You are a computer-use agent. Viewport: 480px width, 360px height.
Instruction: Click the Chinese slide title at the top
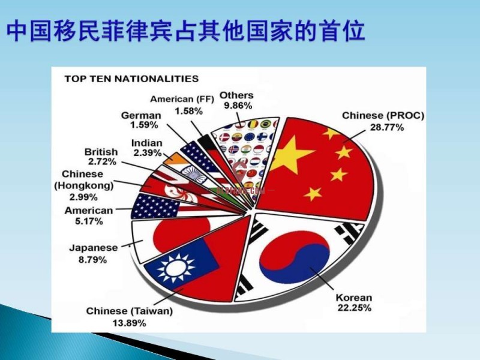(186, 31)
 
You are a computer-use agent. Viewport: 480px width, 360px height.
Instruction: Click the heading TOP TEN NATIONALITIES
(131, 79)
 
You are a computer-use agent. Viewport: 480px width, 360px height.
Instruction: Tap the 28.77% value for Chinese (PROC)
(387, 127)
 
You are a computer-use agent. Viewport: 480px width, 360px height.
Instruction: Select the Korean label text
(354, 297)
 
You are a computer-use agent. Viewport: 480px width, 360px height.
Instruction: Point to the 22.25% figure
(355, 307)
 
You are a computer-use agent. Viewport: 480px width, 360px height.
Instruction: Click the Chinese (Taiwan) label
(130, 311)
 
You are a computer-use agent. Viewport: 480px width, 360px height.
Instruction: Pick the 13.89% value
(129, 323)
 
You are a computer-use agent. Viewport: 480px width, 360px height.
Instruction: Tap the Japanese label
(94, 248)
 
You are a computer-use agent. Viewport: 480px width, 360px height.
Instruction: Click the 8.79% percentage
(93, 260)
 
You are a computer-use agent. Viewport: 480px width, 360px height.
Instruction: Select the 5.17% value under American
(89, 221)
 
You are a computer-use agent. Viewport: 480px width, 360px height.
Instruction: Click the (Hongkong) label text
(84, 185)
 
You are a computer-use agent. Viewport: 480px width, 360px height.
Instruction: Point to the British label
(101, 152)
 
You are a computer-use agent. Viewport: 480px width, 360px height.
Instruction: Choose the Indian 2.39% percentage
(147, 152)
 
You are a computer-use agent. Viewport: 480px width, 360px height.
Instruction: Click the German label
(141, 115)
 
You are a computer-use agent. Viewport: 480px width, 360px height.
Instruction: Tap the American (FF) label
(182, 99)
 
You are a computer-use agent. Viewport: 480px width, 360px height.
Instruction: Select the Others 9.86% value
(238, 106)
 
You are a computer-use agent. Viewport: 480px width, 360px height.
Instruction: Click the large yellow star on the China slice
(290, 155)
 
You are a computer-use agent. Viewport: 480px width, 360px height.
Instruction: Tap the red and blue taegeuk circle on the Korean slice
(295, 257)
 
